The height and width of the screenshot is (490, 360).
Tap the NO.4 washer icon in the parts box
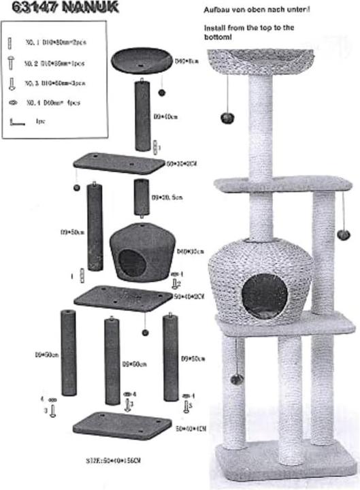(x=12, y=103)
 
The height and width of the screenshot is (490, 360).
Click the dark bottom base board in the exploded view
(x=122, y=427)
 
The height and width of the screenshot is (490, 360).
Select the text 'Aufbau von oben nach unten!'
(x=257, y=11)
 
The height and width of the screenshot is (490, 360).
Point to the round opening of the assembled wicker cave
(x=264, y=295)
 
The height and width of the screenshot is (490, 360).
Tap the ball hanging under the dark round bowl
(x=163, y=92)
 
